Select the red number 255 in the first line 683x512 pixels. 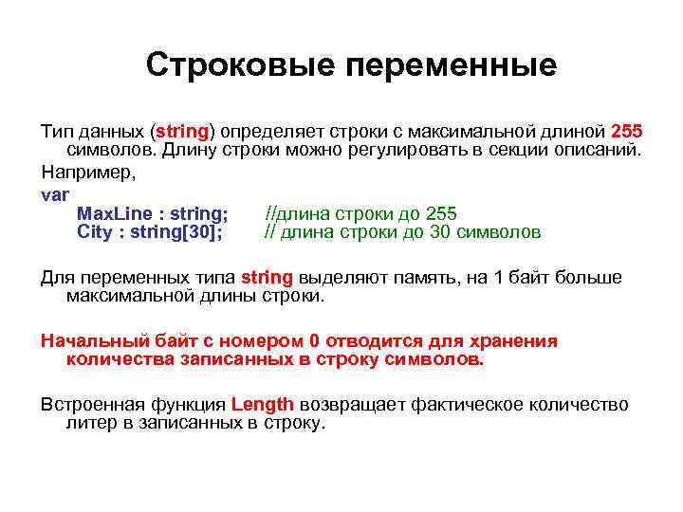point(627,130)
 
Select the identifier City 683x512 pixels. point(94,232)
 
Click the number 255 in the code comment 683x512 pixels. point(441,213)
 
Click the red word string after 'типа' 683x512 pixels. point(268,278)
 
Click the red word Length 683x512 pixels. point(262,405)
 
